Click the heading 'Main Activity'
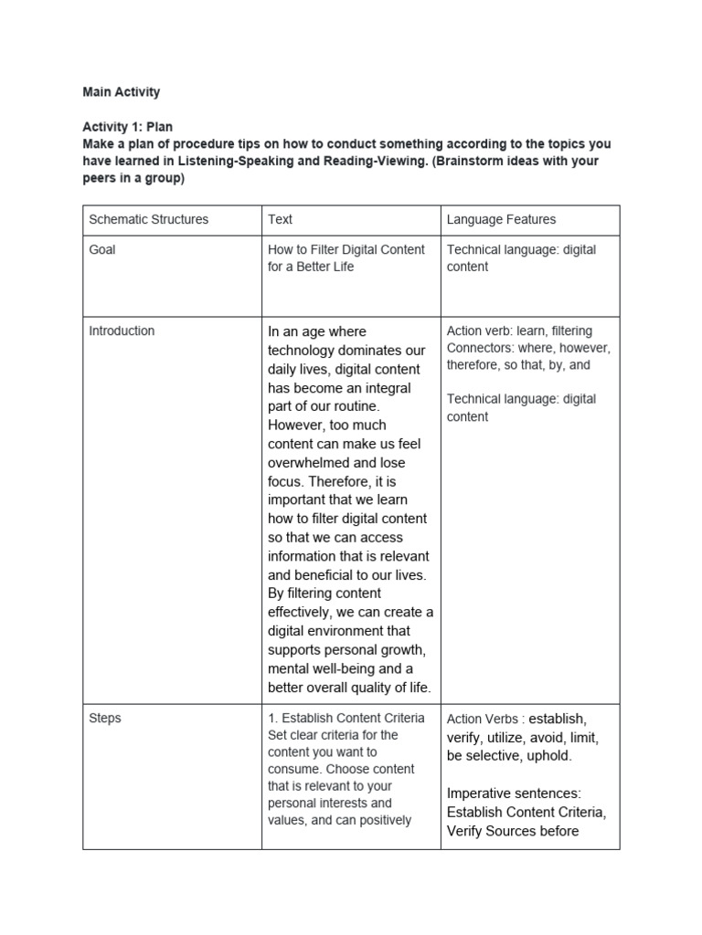click(x=121, y=91)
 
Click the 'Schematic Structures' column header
click(x=148, y=219)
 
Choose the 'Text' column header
click(x=280, y=219)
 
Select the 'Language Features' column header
click(x=501, y=219)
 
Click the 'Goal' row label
click(x=102, y=249)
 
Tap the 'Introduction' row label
click(x=122, y=331)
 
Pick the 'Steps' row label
click(x=105, y=718)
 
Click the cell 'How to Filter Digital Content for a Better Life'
click(x=346, y=257)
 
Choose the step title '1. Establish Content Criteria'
click(x=346, y=718)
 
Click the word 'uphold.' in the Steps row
click(x=548, y=756)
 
